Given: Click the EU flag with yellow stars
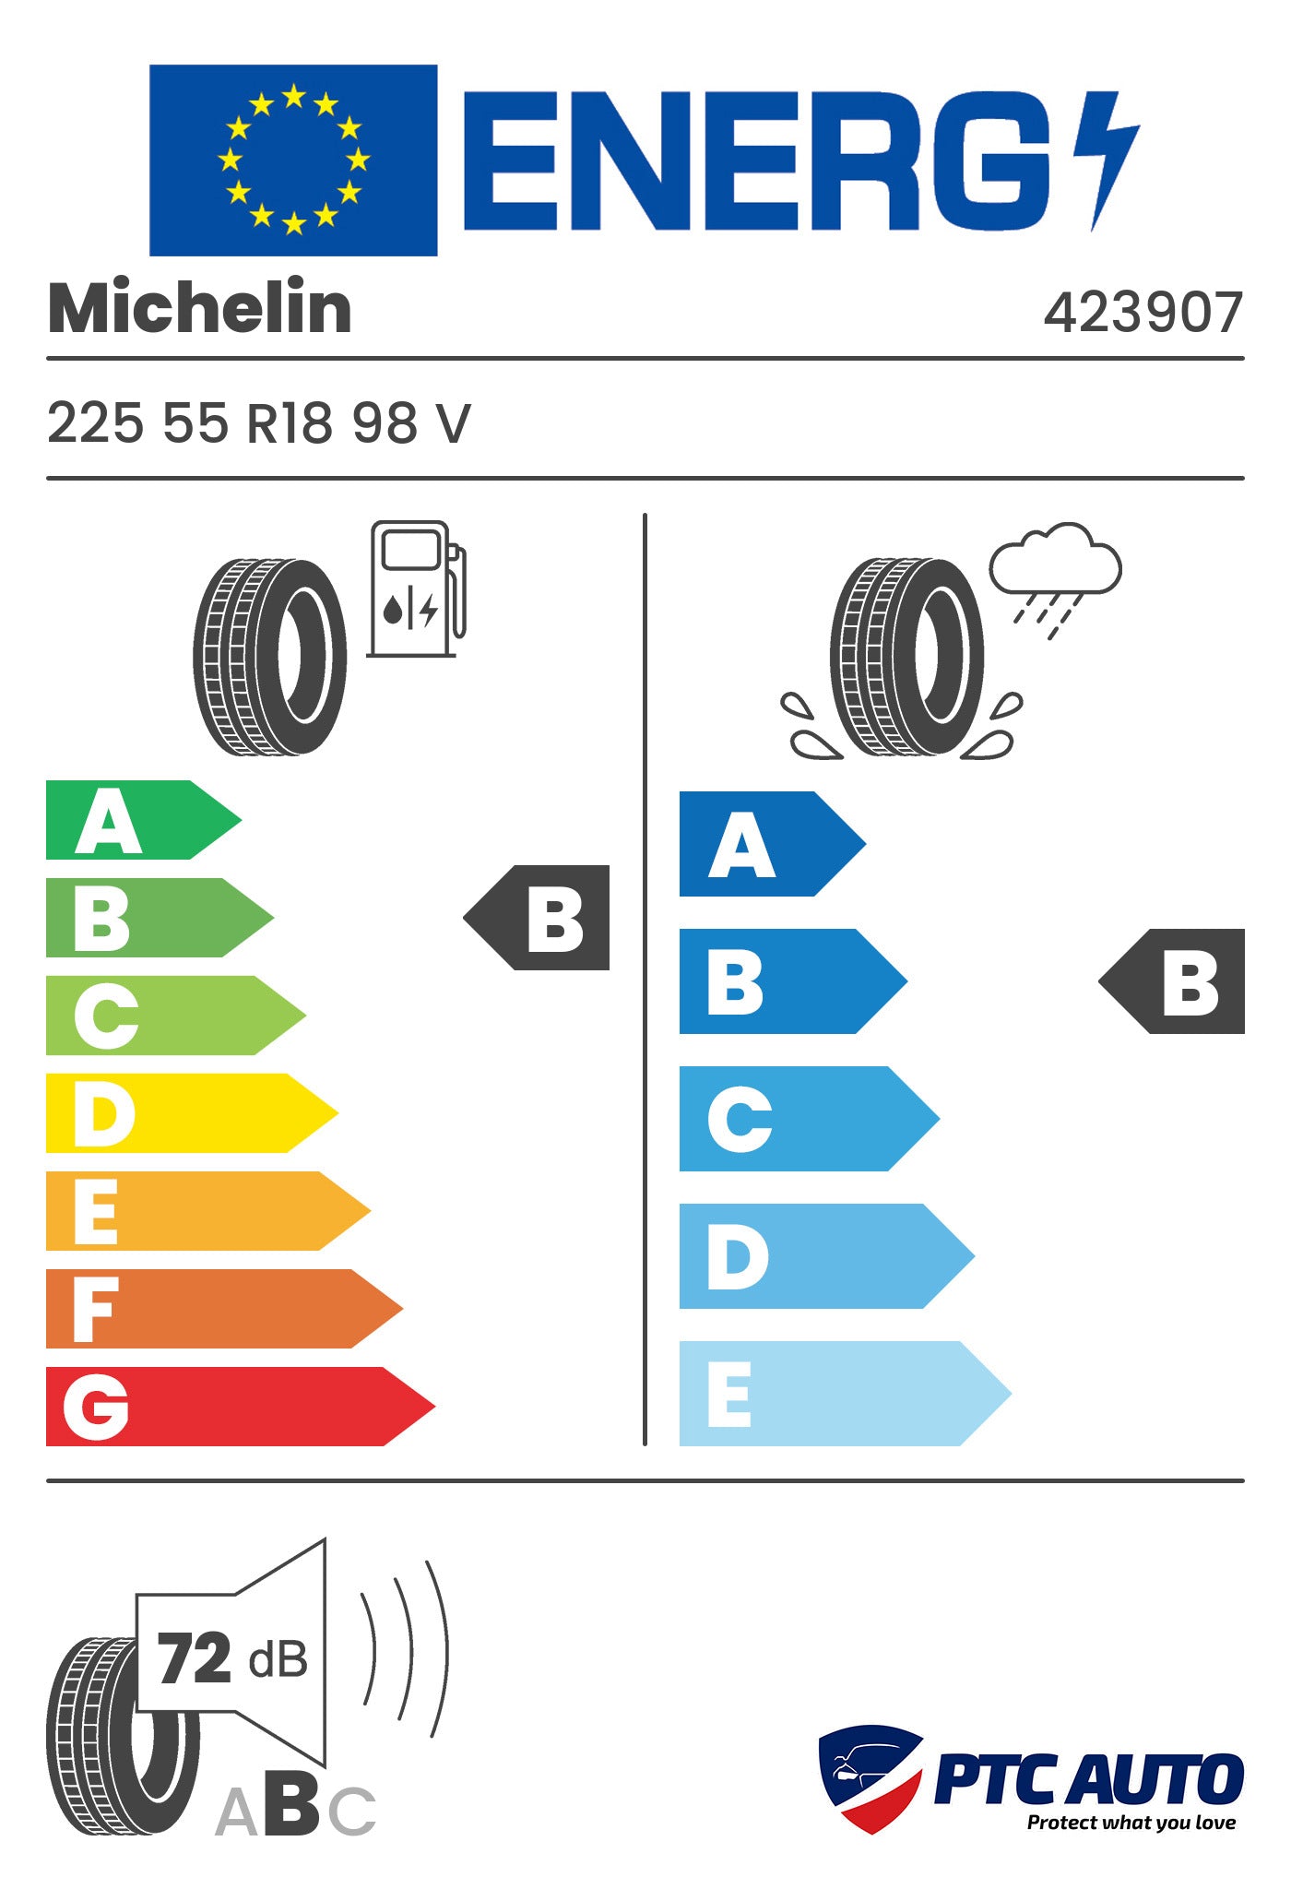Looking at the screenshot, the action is pyautogui.click(x=293, y=160).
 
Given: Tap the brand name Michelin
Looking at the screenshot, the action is pyautogui.click(x=200, y=307).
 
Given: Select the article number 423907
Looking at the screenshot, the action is pyautogui.click(x=1143, y=313).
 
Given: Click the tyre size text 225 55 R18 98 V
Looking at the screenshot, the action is pyautogui.click(x=259, y=423).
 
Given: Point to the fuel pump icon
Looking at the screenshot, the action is pyautogui.click(x=417, y=589).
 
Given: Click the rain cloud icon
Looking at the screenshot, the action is pyautogui.click(x=1055, y=577).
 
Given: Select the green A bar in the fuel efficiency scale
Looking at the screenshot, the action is pyautogui.click(x=144, y=820).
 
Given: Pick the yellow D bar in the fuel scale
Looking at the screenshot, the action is pyautogui.click(x=192, y=1112).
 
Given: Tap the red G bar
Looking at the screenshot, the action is pyautogui.click(x=241, y=1406).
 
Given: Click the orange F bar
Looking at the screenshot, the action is pyautogui.click(x=224, y=1308).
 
